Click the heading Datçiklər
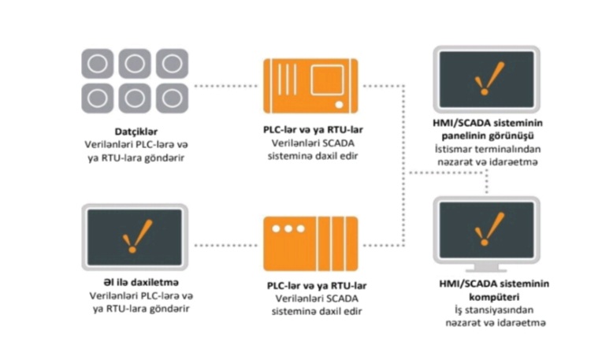pyautogui.click(x=136, y=132)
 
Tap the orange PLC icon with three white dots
pyautogui.click(x=310, y=244)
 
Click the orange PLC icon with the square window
pyautogui.click(x=310, y=86)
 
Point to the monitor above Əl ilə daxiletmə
pyautogui.click(x=135, y=237)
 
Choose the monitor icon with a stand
pyautogui.click(x=486, y=235)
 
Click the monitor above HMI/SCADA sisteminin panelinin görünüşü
pyautogui.click(x=486, y=80)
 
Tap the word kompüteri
pyautogui.click(x=494, y=297)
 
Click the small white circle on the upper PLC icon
pyautogui.click(x=339, y=105)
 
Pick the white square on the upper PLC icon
pyautogui.click(x=327, y=80)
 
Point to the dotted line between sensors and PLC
pyautogui.click(x=226, y=86)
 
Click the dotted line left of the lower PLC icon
pyautogui.click(x=226, y=246)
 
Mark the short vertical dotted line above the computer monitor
pyautogui.click(x=487, y=183)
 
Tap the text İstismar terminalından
pyautogui.click(x=488, y=150)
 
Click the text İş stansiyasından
pyautogui.click(x=494, y=310)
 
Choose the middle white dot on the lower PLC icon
pyautogui.click(x=288, y=228)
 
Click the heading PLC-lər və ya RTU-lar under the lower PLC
pyautogui.click(x=317, y=286)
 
